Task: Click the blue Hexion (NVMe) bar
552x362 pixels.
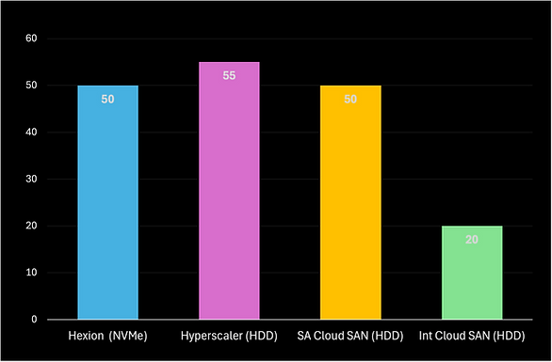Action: pyautogui.click(x=107, y=202)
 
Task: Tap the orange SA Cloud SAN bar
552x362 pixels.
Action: pyautogui.click(x=350, y=202)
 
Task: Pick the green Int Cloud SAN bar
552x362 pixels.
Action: pyautogui.click(x=472, y=273)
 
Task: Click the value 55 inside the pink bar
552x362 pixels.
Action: pyautogui.click(x=229, y=75)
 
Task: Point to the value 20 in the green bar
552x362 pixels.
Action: pyautogui.click(x=472, y=240)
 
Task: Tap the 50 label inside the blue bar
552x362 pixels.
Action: pyautogui.click(x=107, y=99)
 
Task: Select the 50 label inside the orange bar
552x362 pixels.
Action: pyautogui.click(x=350, y=99)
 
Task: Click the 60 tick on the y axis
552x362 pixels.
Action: pyautogui.click(x=30, y=39)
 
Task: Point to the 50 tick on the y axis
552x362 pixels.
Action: pyautogui.click(x=30, y=86)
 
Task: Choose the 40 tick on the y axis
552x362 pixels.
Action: pyautogui.click(x=30, y=133)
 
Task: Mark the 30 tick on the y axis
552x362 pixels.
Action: pyautogui.click(x=30, y=180)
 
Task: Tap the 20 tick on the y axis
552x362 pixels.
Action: pyautogui.click(x=30, y=227)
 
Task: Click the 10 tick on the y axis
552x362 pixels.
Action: pyautogui.click(x=30, y=274)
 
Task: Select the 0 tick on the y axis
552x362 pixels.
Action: pyautogui.click(x=33, y=321)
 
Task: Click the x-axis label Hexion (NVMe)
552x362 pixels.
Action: pyautogui.click(x=107, y=336)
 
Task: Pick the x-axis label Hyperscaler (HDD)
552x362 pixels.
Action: pyautogui.click(x=229, y=336)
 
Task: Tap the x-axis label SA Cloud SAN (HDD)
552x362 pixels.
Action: pyautogui.click(x=350, y=336)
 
